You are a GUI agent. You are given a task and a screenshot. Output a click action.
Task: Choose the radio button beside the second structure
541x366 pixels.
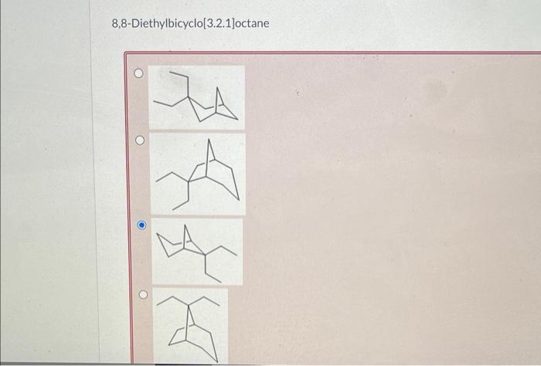(139, 141)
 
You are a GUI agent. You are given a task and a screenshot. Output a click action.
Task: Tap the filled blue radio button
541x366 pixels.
(141, 225)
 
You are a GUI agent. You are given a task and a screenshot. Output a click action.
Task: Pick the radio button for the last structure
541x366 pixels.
(141, 294)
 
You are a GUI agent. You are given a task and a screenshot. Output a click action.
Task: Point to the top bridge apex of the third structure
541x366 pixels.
(186, 229)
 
